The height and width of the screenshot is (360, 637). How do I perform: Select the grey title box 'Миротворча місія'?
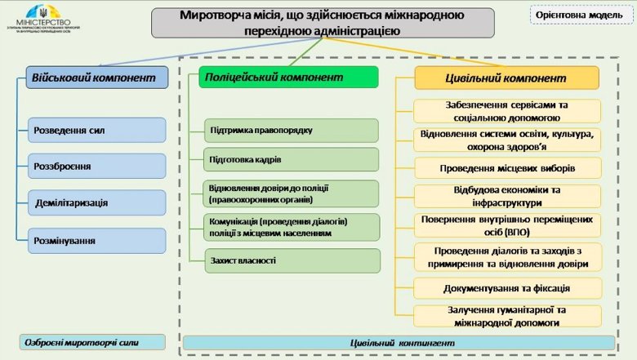point(323,23)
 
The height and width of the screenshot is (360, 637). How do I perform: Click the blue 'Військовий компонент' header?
point(93,77)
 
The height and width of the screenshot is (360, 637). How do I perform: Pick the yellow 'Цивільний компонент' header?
point(506,78)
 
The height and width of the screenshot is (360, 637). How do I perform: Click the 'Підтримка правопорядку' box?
point(291,131)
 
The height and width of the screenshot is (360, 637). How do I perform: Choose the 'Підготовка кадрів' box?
point(291,159)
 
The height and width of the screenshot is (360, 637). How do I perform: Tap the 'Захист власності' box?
point(291,260)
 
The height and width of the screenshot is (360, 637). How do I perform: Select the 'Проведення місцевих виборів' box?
point(507,168)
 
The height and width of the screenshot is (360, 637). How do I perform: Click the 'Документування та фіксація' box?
point(507,288)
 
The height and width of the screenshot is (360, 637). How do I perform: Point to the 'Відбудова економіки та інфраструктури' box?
point(507,196)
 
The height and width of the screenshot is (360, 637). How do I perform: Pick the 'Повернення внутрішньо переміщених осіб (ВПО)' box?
point(507,224)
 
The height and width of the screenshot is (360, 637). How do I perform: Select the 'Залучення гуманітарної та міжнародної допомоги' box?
point(507,316)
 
